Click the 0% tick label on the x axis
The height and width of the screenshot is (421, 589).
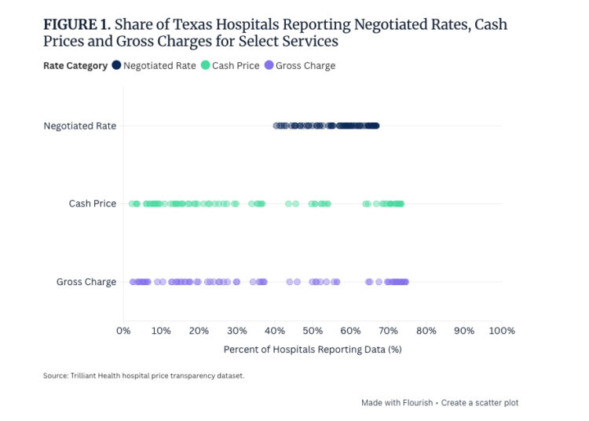[123, 331]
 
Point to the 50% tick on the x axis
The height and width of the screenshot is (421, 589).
[313, 331]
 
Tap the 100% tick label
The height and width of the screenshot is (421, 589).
[501, 331]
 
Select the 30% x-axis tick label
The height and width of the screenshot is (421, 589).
[237, 331]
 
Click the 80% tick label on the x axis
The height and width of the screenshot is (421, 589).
[426, 331]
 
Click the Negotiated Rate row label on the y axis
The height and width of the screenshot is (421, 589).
[79, 126]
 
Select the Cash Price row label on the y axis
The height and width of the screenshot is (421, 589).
[92, 203]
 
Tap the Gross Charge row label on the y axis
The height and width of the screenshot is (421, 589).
[86, 282]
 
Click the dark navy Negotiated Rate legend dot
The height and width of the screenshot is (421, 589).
[116, 66]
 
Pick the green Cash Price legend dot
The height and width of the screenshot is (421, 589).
[205, 66]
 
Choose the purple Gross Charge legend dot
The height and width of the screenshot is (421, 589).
[269, 66]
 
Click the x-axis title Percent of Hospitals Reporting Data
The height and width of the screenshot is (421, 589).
[313, 350]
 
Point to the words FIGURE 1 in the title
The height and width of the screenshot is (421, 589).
[76, 24]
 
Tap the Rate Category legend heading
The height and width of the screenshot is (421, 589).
[75, 66]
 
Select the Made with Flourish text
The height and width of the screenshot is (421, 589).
[397, 403]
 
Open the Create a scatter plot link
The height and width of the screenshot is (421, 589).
[480, 403]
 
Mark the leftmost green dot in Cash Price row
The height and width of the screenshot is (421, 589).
[133, 203]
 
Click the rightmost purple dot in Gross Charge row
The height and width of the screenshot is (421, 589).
[404, 282]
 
